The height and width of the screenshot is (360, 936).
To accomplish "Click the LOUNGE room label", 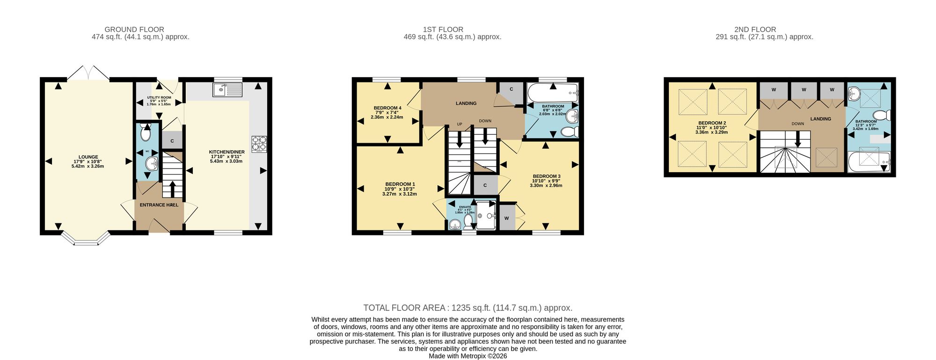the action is click(x=88, y=157).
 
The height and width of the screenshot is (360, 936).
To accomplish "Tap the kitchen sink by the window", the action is click(x=227, y=89).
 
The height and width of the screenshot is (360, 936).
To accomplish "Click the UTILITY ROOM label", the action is click(x=159, y=97).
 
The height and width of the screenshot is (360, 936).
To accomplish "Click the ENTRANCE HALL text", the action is click(x=159, y=205).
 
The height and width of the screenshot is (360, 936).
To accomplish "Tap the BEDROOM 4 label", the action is click(x=388, y=108).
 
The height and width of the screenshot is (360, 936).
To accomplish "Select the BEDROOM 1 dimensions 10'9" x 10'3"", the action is click(x=400, y=189).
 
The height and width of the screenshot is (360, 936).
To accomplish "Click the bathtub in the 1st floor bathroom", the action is click(x=553, y=93).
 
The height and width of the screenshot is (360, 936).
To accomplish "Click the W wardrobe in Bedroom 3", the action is click(x=506, y=218).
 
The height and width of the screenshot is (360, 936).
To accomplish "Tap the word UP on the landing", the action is click(x=460, y=124).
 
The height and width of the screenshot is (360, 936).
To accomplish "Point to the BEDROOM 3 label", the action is click(x=546, y=176).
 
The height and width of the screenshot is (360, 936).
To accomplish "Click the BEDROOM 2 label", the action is click(x=712, y=123).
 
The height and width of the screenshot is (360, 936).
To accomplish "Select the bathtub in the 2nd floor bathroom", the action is click(x=869, y=162).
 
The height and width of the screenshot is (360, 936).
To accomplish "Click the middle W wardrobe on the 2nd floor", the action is click(x=804, y=90).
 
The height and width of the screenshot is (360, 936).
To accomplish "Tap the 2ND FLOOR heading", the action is click(x=755, y=29).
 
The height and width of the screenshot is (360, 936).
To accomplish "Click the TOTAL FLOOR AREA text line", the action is click(x=468, y=308).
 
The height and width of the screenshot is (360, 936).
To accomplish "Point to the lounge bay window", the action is click(x=86, y=239).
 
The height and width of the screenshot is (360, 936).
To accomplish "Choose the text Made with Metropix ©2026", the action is click(x=468, y=356).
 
